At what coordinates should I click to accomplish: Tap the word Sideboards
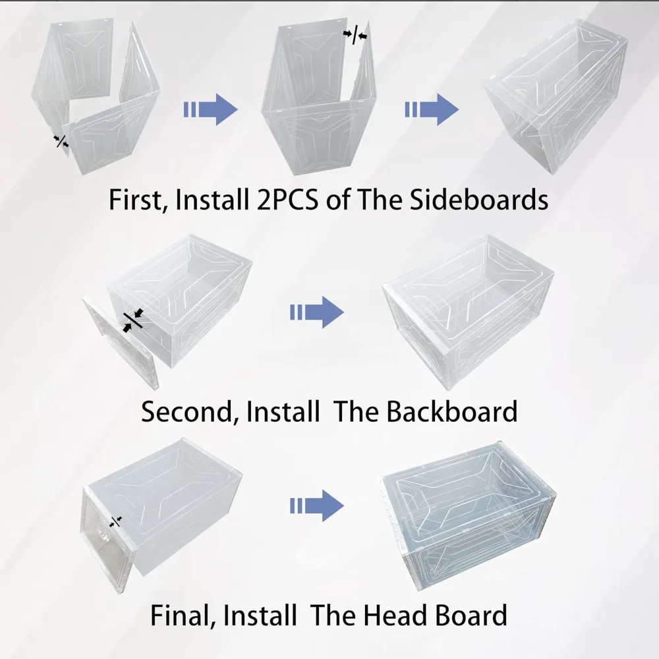(x=478, y=200)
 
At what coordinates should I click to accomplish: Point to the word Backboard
(x=452, y=411)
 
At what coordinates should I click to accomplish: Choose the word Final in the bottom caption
(x=182, y=616)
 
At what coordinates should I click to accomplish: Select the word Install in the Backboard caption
(x=283, y=411)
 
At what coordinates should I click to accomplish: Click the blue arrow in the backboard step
(x=317, y=312)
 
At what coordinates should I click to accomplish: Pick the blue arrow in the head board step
(x=317, y=505)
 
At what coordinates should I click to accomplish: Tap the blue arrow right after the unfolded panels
(x=211, y=109)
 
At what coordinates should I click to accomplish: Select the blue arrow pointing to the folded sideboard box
(x=432, y=109)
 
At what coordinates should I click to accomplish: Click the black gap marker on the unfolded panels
(x=62, y=141)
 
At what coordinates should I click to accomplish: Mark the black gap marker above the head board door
(x=115, y=521)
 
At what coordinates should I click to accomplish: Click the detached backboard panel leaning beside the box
(x=121, y=341)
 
